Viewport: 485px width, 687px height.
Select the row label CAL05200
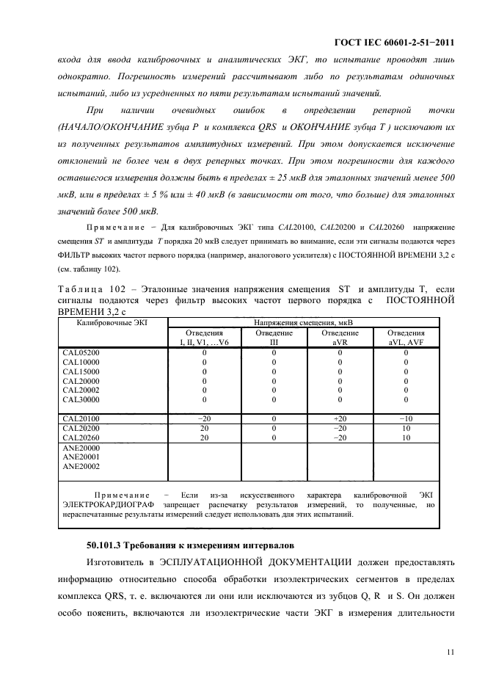(81, 353)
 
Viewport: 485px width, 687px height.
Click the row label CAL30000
(81, 400)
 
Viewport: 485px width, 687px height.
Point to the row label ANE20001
(81, 457)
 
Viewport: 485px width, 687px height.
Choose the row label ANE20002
(81, 466)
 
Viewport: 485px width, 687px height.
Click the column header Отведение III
(273, 337)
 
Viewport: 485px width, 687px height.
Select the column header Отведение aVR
(339, 337)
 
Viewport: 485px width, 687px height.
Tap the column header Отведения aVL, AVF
(406, 337)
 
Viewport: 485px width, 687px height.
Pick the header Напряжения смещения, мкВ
(303, 322)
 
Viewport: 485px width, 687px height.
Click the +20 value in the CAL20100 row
(339, 418)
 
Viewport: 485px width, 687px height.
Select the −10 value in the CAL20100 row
(406, 418)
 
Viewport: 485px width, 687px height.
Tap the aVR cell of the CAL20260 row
(339, 437)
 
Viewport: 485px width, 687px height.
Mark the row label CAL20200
(81, 428)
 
